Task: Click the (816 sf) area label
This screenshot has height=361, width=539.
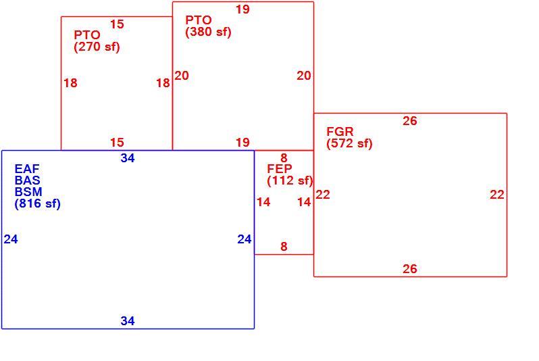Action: [x=37, y=203]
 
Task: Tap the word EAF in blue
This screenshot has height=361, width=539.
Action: [x=27, y=168]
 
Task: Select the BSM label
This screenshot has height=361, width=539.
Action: [x=28, y=192]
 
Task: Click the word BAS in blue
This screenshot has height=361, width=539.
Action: [x=28, y=180]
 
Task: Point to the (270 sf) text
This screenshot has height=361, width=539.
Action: [x=97, y=47]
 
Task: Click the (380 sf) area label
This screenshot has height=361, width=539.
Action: [x=208, y=32]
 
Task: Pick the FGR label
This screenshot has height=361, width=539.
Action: [x=340, y=131]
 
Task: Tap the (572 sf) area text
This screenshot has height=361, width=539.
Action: [x=350, y=143]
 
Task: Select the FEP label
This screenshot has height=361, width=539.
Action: [x=280, y=168]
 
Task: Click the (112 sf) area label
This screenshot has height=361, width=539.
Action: [x=290, y=180]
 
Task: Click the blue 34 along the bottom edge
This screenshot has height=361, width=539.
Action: [x=128, y=320]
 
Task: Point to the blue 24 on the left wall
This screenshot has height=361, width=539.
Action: [x=11, y=239]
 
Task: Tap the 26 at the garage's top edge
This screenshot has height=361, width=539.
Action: [x=410, y=121]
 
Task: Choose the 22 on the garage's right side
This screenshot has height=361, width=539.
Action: [x=497, y=195]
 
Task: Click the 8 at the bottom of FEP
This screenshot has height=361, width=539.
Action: [x=284, y=246]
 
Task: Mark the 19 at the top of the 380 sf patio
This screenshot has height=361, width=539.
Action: [x=242, y=9]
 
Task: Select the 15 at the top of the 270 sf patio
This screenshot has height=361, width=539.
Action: [x=117, y=24]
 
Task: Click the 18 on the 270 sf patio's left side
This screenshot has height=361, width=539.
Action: [x=70, y=83]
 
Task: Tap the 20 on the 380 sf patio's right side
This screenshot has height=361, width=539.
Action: [x=304, y=75]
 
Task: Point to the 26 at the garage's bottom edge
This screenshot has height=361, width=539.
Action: [x=410, y=269]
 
